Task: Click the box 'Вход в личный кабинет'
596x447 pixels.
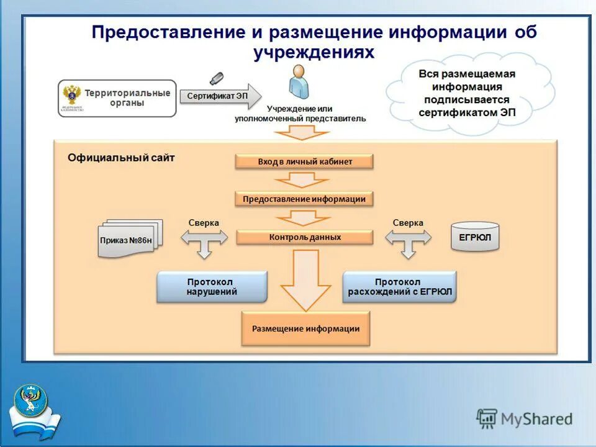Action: point(304,161)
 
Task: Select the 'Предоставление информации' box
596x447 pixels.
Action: point(304,199)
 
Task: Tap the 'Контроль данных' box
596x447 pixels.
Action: point(304,237)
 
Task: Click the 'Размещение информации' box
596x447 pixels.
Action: point(305,329)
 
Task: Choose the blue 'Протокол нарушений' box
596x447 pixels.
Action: point(212,287)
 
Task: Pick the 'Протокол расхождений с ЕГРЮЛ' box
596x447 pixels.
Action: point(400,287)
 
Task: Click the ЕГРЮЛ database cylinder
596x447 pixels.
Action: point(475,237)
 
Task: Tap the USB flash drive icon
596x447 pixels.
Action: point(215,79)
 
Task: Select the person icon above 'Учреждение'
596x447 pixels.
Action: point(298,82)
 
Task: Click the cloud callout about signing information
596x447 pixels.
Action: point(467,93)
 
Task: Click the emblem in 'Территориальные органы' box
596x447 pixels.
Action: point(72,97)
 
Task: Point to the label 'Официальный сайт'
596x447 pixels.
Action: point(121,158)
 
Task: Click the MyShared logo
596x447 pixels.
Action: point(525,418)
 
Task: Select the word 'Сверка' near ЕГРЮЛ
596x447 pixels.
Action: point(408,223)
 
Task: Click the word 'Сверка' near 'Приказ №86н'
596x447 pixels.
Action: point(204,223)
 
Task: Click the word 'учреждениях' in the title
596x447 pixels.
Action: point(314,52)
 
